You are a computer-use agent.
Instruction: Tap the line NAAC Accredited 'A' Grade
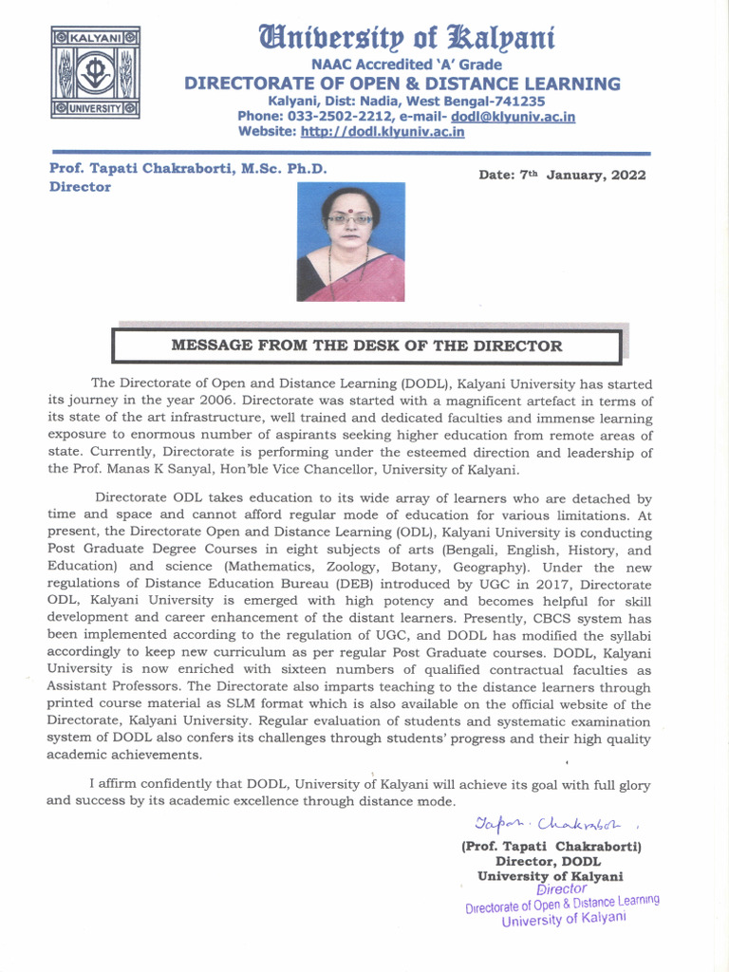click(x=402, y=65)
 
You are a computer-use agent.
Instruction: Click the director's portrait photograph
click(x=350, y=242)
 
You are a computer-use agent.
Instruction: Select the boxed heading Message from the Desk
click(x=366, y=346)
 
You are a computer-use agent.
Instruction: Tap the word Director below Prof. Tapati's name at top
click(x=80, y=187)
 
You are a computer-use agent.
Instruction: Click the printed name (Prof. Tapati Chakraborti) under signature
click(x=551, y=846)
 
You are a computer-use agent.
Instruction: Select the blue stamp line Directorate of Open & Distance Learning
click(x=562, y=904)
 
